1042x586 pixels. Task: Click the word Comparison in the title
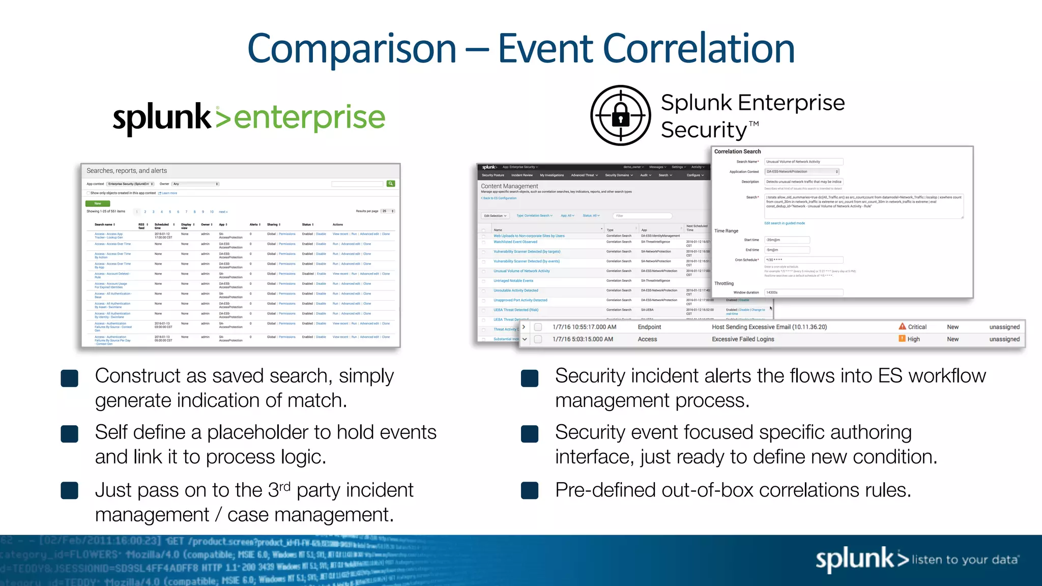pos(352,49)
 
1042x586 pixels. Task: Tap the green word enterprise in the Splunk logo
pos(309,118)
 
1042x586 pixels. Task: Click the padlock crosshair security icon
pos(620,115)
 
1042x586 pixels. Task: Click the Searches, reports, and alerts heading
pos(127,171)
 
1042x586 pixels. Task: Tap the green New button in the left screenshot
pos(98,203)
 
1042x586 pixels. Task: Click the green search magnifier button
pos(391,184)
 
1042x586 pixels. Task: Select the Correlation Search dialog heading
pos(737,152)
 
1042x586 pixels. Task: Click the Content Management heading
pos(509,186)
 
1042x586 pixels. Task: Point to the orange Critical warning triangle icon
pos(902,327)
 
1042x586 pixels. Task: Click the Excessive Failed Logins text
pos(743,339)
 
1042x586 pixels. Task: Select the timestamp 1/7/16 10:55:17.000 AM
pos(584,327)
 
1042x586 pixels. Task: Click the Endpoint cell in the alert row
pos(649,327)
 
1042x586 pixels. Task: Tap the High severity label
pos(913,339)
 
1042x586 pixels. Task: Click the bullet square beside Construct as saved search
pos(70,378)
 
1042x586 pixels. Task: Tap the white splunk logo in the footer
pos(855,559)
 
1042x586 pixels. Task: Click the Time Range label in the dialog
pos(726,231)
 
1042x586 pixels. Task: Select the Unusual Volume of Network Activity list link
pos(522,271)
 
